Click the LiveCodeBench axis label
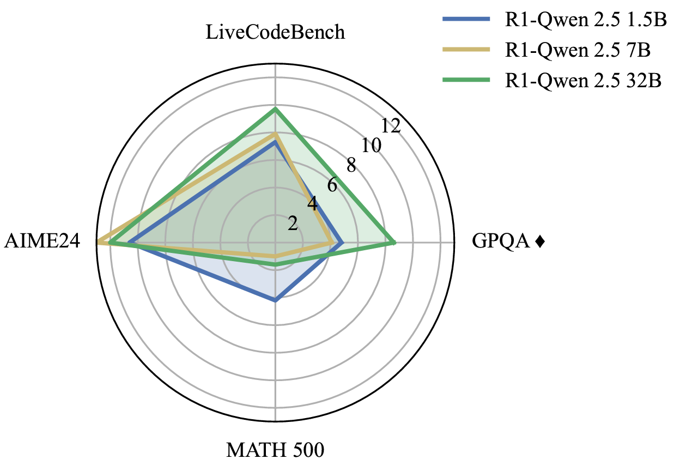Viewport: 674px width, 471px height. tap(275, 32)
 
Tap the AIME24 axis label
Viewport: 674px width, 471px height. tap(42, 241)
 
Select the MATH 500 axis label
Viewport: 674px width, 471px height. tap(275, 450)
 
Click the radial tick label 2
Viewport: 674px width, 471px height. tap(293, 224)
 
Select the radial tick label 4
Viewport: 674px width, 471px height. tap(312, 204)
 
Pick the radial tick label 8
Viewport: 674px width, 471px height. tap(351, 165)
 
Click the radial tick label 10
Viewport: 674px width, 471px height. tap(371, 146)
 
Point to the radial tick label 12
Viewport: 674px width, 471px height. tap(391, 126)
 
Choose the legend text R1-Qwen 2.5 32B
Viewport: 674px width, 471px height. tap(582, 80)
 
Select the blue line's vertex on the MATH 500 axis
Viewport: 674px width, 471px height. tap(275, 300)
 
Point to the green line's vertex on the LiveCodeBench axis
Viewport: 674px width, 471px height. tap(275, 109)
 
